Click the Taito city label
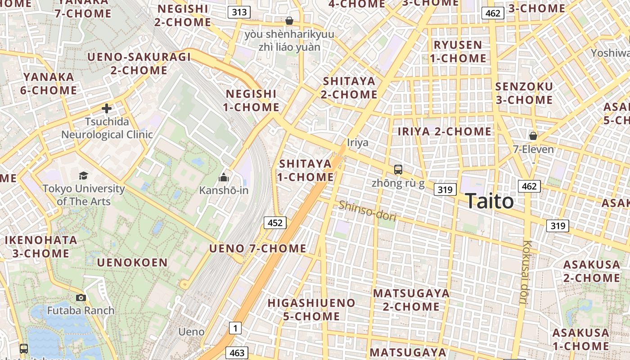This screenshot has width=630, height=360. click(x=489, y=201)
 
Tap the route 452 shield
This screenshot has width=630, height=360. click(x=275, y=222)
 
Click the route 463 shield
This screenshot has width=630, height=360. click(x=237, y=353)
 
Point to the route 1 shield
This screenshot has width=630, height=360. click(x=235, y=328)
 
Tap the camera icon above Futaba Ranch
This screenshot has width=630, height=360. click(x=81, y=297)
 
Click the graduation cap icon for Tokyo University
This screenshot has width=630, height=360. click(x=83, y=175)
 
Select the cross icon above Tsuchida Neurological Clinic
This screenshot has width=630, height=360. click(x=107, y=108)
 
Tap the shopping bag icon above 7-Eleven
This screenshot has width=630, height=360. click(x=533, y=135)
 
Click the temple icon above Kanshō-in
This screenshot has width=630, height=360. click(x=224, y=178)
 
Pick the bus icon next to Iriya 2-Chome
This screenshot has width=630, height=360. click(x=398, y=170)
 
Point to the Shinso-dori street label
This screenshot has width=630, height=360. click(x=367, y=211)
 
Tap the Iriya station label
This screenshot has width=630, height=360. click(x=358, y=143)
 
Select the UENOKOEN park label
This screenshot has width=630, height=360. click(x=132, y=263)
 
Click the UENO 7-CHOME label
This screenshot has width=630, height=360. click(x=258, y=248)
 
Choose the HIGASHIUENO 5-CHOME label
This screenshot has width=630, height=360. click(x=311, y=310)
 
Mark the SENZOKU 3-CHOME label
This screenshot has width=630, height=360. click(x=524, y=93)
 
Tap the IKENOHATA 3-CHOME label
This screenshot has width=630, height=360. click(x=40, y=247)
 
